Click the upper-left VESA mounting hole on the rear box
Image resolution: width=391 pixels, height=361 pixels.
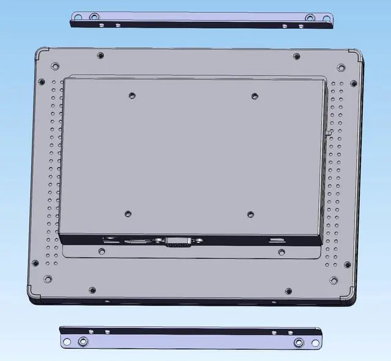132,95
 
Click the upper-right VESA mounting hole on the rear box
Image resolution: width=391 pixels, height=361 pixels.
255,95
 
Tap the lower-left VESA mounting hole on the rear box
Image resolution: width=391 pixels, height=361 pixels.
128,214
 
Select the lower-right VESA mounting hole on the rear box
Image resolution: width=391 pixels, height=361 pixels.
250,214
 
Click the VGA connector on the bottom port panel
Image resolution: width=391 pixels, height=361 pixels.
177,242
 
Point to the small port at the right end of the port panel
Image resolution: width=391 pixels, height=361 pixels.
277,239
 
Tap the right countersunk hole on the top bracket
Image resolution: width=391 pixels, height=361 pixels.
310,18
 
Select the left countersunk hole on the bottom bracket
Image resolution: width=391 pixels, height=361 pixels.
82,341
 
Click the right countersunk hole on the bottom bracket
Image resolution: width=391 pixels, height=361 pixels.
299,342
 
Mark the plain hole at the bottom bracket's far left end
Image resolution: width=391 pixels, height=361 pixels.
67,340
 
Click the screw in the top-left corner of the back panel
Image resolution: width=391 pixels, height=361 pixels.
55,65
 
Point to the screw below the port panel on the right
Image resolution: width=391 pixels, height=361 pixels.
281,251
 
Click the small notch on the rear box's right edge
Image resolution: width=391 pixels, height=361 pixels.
329,130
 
